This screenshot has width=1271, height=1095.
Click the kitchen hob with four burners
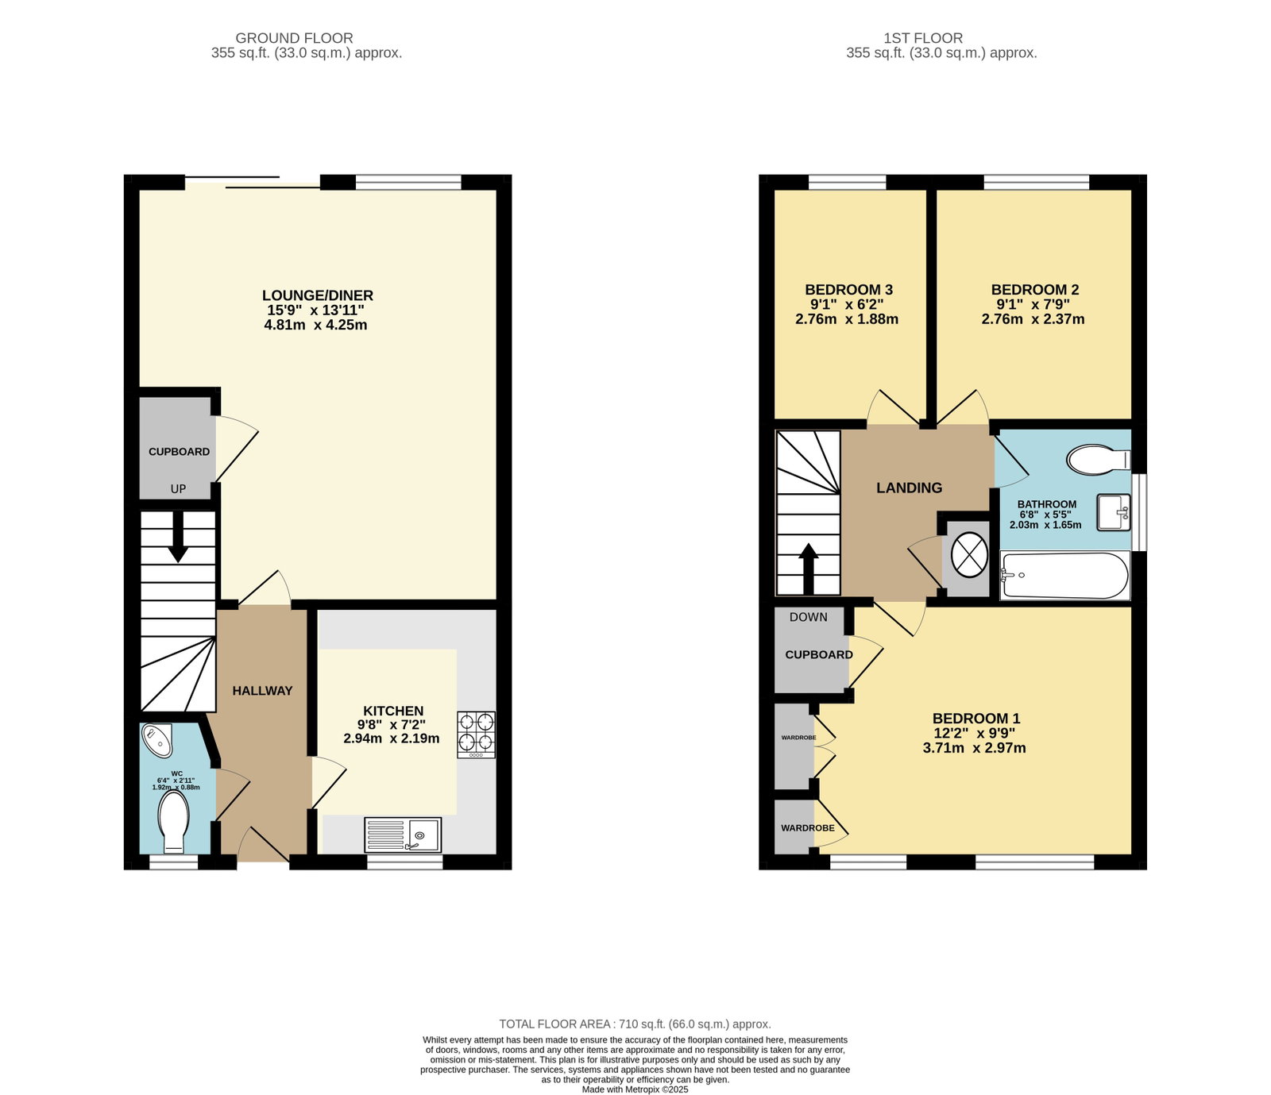pyautogui.click(x=476, y=734)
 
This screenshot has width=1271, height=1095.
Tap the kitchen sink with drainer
pyautogui.click(x=403, y=835)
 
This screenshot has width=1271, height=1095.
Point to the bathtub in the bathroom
pyautogui.click(x=1064, y=576)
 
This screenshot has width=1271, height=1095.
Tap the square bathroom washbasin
pyautogui.click(x=1114, y=512)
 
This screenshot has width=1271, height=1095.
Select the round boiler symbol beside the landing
pyautogui.click(x=969, y=553)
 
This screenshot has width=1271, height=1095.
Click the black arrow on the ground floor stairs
pyautogui.click(x=179, y=537)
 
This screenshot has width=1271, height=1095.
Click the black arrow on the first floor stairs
pyautogui.click(x=808, y=569)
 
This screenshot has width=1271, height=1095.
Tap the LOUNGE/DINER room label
pyautogui.click(x=318, y=295)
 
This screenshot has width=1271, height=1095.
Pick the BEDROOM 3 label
pyautogui.click(x=849, y=290)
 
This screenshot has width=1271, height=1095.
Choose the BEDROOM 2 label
pyautogui.click(x=1035, y=290)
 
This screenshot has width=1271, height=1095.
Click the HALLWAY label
pyautogui.click(x=262, y=691)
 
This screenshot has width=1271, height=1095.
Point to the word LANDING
pyautogui.click(x=910, y=488)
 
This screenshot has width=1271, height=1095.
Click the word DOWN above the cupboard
pyautogui.click(x=809, y=617)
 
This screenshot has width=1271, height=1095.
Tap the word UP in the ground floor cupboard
pyautogui.click(x=178, y=489)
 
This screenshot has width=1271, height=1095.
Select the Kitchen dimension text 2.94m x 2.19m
pyautogui.click(x=392, y=738)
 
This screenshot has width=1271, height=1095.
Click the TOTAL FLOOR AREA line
pyautogui.click(x=635, y=1024)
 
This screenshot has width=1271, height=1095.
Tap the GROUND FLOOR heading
pyautogui.click(x=294, y=38)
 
